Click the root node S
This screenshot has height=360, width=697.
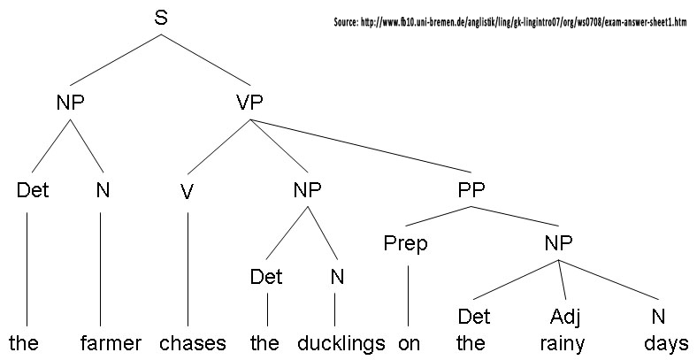pyautogui.click(x=161, y=18)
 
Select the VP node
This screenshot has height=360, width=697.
pyautogui.click(x=249, y=103)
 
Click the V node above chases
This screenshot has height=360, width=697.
pyautogui.click(x=187, y=192)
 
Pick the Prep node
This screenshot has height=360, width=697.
pyautogui.click(x=406, y=243)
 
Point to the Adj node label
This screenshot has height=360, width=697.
pyautogui.click(x=564, y=316)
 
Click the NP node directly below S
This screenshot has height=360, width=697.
pyautogui.click(x=70, y=103)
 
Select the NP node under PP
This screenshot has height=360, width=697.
pyautogui.click(x=559, y=243)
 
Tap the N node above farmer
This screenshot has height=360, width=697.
pyautogui.click(x=103, y=190)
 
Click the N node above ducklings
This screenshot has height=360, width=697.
pyautogui.click(x=336, y=277)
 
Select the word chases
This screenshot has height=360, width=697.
pyautogui.click(x=194, y=343)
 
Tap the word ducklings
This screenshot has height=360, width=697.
pyautogui.click(x=341, y=343)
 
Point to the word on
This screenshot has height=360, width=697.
pyautogui.click(x=409, y=343)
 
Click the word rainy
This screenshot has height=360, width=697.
pyautogui.click(x=564, y=343)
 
